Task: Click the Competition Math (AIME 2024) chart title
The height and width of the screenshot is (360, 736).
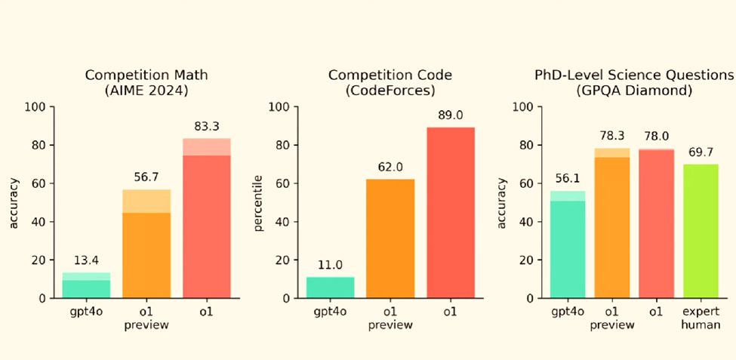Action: [x=146, y=82]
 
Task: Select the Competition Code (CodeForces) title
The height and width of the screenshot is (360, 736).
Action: [x=390, y=82]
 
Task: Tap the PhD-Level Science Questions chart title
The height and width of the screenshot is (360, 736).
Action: [x=634, y=82]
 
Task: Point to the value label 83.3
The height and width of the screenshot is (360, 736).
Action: [x=206, y=127]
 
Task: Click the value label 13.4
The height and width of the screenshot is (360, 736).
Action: [x=85, y=260]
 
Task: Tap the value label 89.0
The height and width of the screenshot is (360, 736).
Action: [x=450, y=115]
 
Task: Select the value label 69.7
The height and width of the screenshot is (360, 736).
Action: [x=700, y=152]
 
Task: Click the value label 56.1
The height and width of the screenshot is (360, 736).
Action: [x=568, y=179]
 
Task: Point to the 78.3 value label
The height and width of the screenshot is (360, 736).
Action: [x=611, y=136]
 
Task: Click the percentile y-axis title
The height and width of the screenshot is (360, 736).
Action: [x=257, y=202]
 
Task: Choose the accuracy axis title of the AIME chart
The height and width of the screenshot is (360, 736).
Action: [x=13, y=202]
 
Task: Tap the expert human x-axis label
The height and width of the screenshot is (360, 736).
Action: [x=700, y=318]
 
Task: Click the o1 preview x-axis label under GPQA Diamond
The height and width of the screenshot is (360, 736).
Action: [x=611, y=318]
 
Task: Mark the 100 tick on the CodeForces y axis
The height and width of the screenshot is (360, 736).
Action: [x=280, y=107]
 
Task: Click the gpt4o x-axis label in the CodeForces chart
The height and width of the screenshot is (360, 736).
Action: [x=330, y=312]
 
